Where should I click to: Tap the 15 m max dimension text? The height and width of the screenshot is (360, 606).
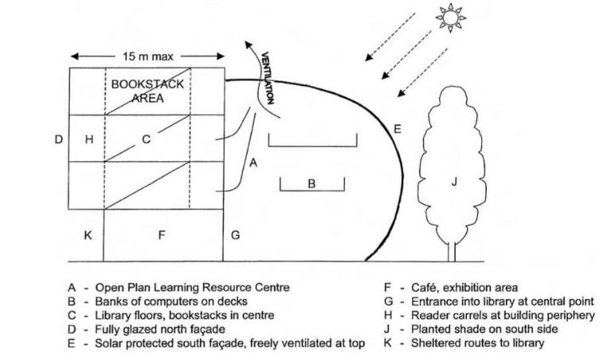[149, 56]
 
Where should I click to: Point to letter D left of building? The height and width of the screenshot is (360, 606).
[58, 140]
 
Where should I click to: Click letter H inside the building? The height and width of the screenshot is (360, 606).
[89, 140]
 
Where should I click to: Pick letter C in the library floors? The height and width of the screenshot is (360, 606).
[146, 140]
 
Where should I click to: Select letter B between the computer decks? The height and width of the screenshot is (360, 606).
[312, 184]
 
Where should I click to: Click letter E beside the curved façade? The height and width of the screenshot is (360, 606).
[398, 128]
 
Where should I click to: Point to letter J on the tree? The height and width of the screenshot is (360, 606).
[454, 182]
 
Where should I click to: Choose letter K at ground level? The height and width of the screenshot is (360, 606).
[88, 235]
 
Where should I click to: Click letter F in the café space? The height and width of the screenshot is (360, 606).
[161, 235]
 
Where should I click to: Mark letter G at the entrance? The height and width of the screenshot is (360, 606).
[235, 235]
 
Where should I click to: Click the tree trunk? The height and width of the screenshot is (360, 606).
[454, 250]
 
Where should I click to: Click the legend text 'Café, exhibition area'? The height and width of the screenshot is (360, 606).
[465, 288]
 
